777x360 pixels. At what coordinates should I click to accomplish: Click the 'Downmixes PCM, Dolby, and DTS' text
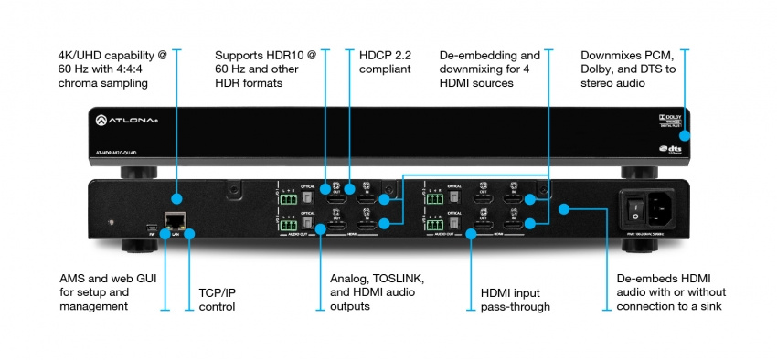coord(626,69)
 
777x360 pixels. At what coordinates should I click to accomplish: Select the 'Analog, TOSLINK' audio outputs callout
coord(376,292)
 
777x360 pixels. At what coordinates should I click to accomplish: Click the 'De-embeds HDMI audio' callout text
coord(661,292)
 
